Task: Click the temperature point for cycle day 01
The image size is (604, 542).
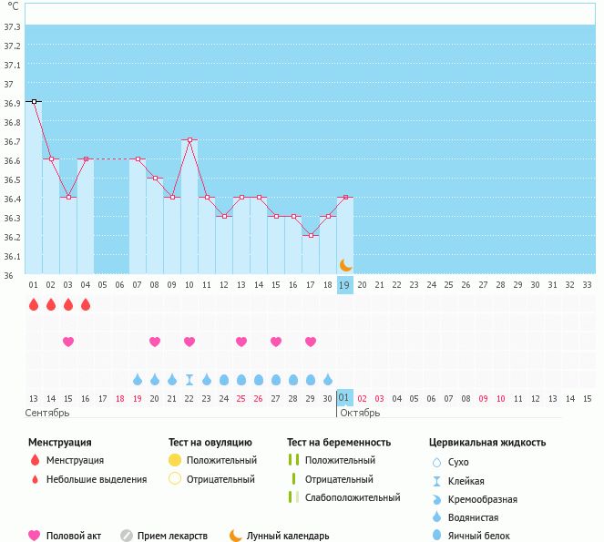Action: [x=34, y=102]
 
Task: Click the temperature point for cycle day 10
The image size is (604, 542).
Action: [x=189, y=140]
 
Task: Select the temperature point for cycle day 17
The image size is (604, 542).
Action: [x=311, y=236]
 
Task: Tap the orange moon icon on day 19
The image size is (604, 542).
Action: [x=345, y=265]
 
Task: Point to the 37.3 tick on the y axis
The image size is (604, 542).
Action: [x=13, y=27]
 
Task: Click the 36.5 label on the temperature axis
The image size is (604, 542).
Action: [x=13, y=179]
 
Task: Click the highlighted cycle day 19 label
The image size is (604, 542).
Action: [x=345, y=285]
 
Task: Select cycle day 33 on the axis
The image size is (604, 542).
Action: [x=587, y=285]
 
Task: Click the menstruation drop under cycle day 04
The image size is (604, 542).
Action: [x=86, y=304]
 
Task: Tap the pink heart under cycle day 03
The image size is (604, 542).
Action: [x=68, y=342]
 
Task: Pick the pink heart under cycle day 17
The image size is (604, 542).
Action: [x=311, y=342]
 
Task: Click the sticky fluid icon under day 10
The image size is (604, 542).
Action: [x=189, y=380]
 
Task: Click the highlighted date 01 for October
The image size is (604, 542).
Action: [x=343, y=398]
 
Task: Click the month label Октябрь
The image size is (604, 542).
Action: [x=361, y=413]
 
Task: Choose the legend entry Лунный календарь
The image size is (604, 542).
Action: [x=287, y=537]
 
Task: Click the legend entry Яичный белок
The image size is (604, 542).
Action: [x=485, y=537]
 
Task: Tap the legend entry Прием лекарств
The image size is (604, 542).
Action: [x=172, y=537]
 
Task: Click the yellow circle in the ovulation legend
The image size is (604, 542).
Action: [x=175, y=461]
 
